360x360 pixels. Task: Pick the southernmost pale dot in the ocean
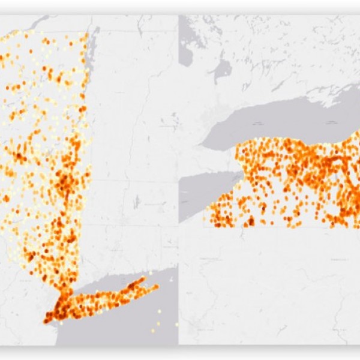152,330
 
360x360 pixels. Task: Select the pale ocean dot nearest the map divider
176,324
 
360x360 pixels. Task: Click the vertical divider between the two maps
178,180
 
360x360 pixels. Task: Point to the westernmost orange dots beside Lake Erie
206,210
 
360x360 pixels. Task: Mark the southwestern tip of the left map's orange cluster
46,321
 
